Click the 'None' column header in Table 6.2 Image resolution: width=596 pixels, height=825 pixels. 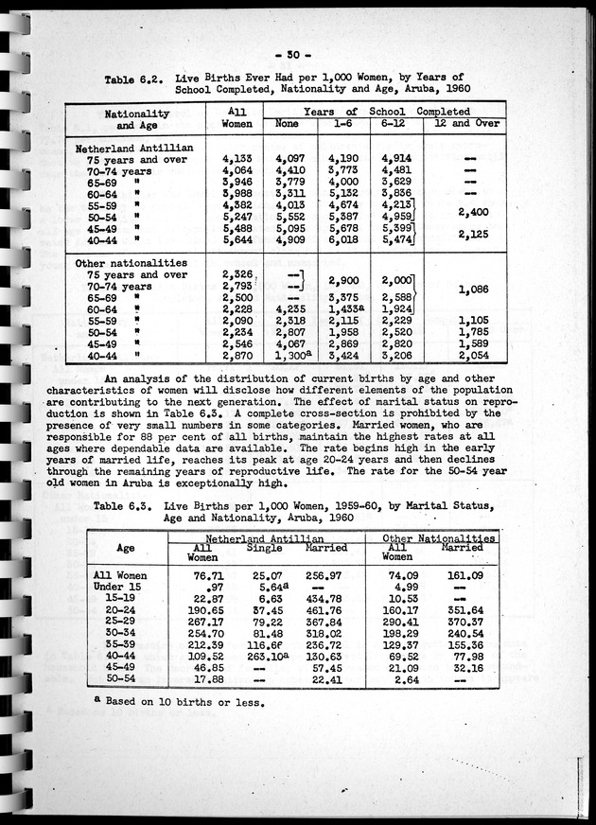(287, 124)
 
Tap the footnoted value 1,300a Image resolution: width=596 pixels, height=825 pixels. (289, 357)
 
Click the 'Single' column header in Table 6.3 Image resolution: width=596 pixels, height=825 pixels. (264, 548)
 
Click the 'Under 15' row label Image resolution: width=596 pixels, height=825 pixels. (118, 585)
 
